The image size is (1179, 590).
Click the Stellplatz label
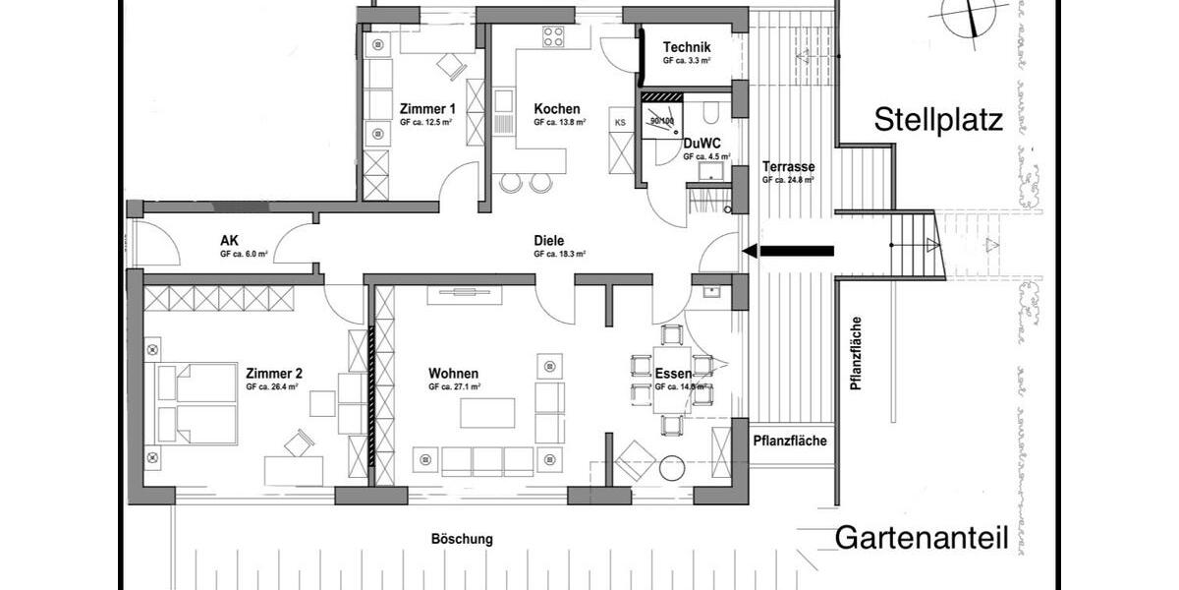[938, 121]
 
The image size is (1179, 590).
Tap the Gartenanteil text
[922, 537]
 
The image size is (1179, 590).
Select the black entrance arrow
[789, 251]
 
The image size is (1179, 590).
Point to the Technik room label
[687, 47]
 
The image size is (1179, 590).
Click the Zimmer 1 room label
[426, 108]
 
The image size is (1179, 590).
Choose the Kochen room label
[557, 108]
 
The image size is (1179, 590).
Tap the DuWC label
[702, 143]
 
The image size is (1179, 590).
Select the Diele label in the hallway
[550, 240]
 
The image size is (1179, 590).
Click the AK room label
[230, 240]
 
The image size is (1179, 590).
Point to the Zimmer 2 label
[273, 373]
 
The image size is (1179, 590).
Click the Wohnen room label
[453, 374]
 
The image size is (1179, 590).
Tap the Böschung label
[462, 539]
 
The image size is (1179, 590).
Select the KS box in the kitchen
[620, 122]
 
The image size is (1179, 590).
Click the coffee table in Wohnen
[487, 411]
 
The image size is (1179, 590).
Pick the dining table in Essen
[672, 380]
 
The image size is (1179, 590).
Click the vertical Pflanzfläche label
[857, 354]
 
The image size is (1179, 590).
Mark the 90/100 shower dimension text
[662, 120]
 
